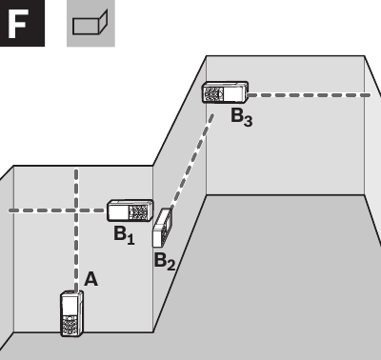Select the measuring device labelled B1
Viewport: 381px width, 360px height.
point(130,210)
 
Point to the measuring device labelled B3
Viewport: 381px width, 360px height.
point(225,93)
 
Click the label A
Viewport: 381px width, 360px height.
point(91,279)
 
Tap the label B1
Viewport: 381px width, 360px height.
point(124,234)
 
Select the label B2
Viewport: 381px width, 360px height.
point(165,261)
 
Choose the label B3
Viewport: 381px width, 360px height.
point(241,117)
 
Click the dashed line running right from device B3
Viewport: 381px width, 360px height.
point(310,94)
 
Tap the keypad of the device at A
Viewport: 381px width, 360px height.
point(70,323)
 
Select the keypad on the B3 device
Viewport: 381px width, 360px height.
point(215,93)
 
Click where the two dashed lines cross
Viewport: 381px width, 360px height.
point(75,210)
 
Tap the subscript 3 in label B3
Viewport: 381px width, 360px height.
point(248,121)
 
